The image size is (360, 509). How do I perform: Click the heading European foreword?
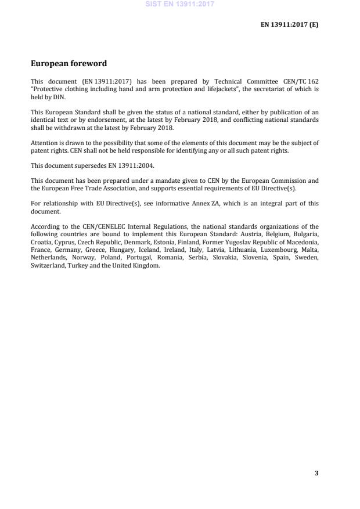point(69,63)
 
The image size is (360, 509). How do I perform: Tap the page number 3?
point(316,473)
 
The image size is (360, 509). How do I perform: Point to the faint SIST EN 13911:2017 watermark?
point(180,4)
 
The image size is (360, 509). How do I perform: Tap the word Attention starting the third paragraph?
point(44,143)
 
